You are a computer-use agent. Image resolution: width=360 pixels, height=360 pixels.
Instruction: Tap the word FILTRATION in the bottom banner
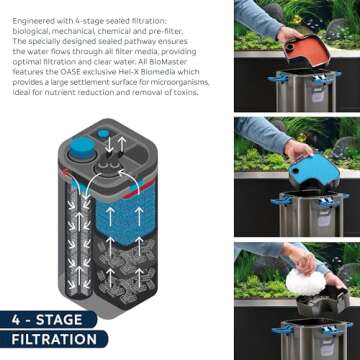coord(55,340)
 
